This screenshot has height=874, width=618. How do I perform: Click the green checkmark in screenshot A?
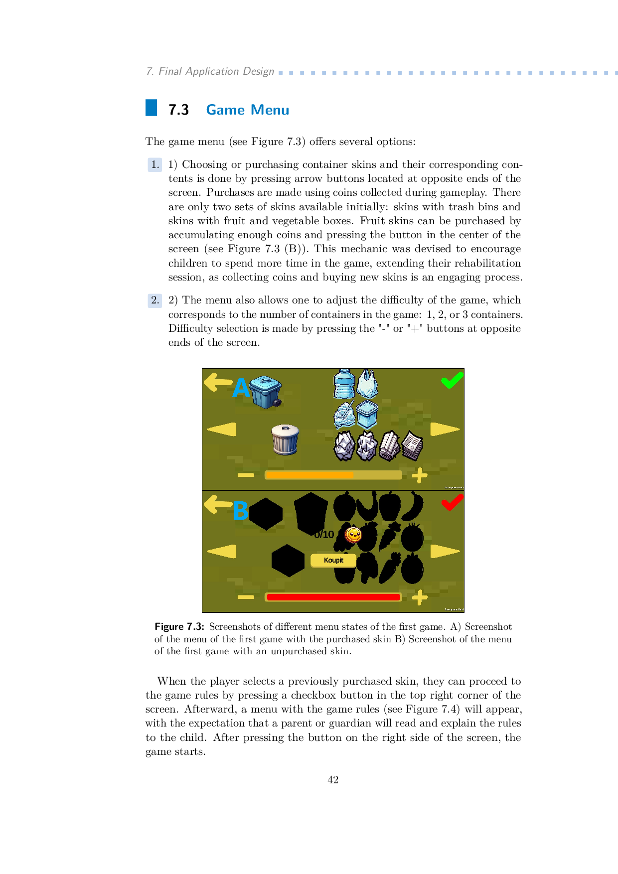pos(452,381)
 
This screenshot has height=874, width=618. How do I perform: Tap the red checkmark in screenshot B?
pos(452,502)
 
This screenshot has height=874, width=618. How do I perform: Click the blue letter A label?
pos(241,388)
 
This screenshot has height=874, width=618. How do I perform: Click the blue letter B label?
pos(241,510)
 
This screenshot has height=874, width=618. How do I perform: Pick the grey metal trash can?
pos(285,439)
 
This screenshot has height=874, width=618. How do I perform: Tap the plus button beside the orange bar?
pos(420,475)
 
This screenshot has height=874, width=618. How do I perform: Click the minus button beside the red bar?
pos(246,597)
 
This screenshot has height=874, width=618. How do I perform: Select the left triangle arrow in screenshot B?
pos(222,551)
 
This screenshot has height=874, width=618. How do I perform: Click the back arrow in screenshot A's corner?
pos(218,382)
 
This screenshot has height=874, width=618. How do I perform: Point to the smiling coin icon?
pos(353,535)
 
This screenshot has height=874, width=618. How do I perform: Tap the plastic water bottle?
pos(344,384)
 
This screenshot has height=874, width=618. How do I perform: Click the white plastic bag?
pos(367,383)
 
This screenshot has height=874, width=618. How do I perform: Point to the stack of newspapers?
pos(412,445)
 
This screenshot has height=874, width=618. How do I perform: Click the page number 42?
pos(333,780)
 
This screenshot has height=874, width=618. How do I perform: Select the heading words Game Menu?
pos(247,110)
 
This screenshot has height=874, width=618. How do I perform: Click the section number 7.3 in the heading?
pos(178,110)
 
